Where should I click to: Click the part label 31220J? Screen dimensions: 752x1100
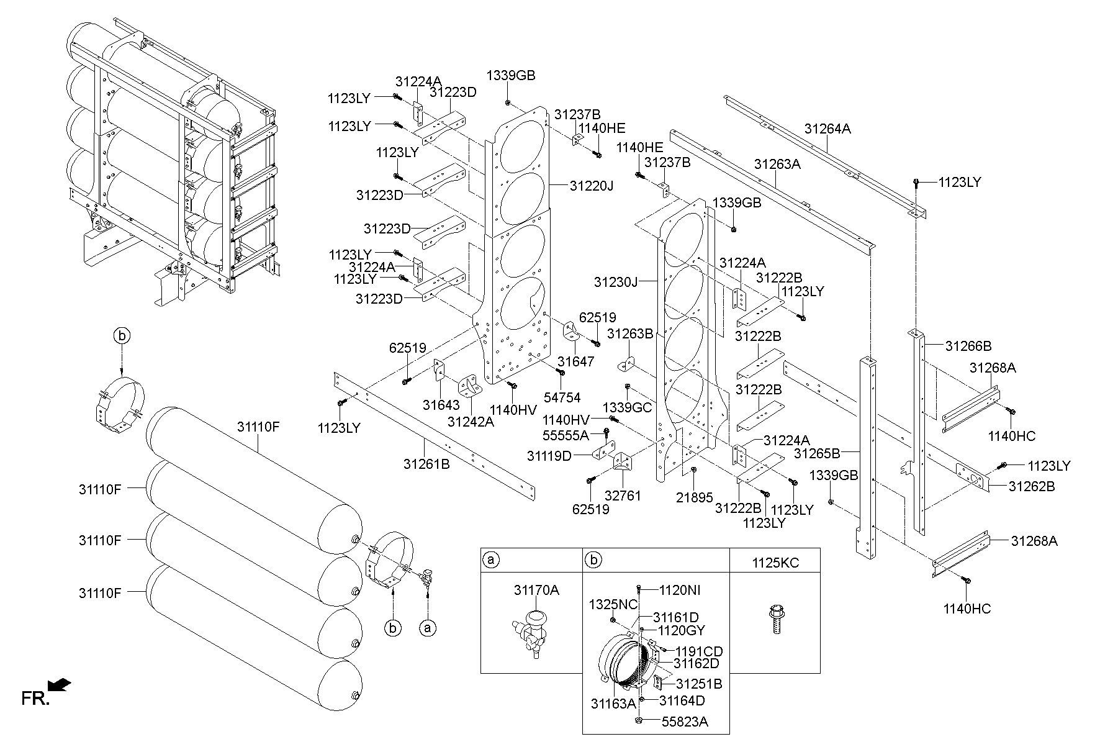click(591, 185)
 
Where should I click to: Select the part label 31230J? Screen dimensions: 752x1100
click(616, 282)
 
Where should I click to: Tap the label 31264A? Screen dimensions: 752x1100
click(827, 129)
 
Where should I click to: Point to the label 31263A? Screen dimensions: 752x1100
click(777, 165)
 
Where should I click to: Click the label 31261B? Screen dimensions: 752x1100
click(426, 463)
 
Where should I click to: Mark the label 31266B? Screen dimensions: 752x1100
click(968, 345)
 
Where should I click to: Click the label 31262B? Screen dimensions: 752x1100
click(1031, 486)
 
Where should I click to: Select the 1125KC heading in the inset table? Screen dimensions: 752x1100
click(775, 563)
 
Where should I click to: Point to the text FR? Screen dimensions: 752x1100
click(35, 699)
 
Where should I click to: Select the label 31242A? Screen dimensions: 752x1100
click(471, 422)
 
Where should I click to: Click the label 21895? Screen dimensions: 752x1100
click(695, 497)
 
